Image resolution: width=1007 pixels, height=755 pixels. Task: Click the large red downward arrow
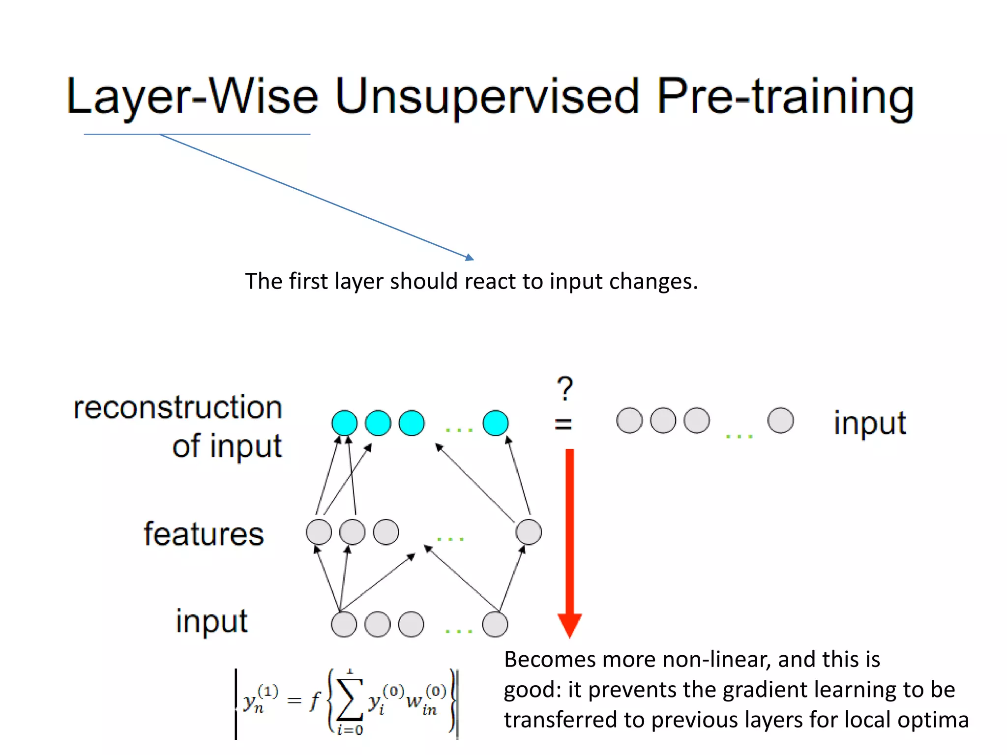click(569, 541)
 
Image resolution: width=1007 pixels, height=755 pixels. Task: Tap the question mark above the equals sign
click(565, 388)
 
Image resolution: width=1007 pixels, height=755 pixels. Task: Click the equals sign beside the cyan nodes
click(563, 424)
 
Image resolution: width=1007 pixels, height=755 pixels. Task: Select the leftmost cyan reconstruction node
click(344, 423)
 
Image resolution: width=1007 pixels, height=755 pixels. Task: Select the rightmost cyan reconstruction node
click(495, 423)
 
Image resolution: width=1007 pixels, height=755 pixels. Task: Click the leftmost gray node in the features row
click(319, 532)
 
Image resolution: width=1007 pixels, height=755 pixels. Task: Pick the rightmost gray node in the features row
click(529, 532)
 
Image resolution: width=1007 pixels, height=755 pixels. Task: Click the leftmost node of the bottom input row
click(344, 624)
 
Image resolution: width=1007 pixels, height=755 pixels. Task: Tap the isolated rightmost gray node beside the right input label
click(780, 421)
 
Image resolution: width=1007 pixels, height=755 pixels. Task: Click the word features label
click(204, 534)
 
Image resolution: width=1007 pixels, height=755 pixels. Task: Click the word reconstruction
click(178, 408)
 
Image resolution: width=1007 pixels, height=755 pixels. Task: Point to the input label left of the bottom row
click(211, 621)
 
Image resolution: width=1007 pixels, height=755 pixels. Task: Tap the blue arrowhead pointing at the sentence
click(470, 257)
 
